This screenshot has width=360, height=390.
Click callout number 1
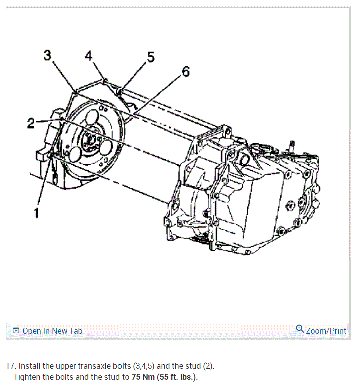(x=36, y=213)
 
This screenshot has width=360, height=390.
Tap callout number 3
(x=47, y=55)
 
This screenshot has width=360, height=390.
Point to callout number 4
(x=89, y=56)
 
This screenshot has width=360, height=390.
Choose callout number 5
(x=150, y=57)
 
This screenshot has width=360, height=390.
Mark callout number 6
(x=185, y=72)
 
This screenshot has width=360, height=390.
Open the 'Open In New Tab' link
(x=52, y=331)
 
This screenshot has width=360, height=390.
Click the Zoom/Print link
(x=326, y=331)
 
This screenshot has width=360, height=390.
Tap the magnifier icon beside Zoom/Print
(x=300, y=329)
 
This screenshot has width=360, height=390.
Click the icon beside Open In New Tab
(x=16, y=331)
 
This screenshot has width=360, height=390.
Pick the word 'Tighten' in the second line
(x=27, y=377)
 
